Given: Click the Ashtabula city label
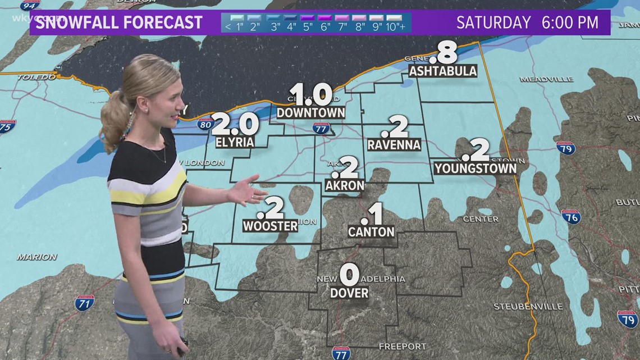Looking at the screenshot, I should (443, 71).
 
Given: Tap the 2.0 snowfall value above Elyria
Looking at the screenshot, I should (235, 124).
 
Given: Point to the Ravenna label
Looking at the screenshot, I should (394, 145).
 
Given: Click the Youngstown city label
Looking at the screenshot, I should (476, 168).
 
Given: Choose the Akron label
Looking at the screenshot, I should (345, 185).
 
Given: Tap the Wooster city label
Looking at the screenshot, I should (271, 226).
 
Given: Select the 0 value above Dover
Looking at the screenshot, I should (349, 275).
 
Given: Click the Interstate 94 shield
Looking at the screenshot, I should (30, 5).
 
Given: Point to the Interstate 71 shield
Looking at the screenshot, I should (85, 303).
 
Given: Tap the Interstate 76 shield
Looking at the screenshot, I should (571, 216).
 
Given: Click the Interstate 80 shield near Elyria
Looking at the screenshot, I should (205, 124).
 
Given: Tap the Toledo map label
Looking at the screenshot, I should (36, 76).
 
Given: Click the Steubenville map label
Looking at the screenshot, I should (528, 307).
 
